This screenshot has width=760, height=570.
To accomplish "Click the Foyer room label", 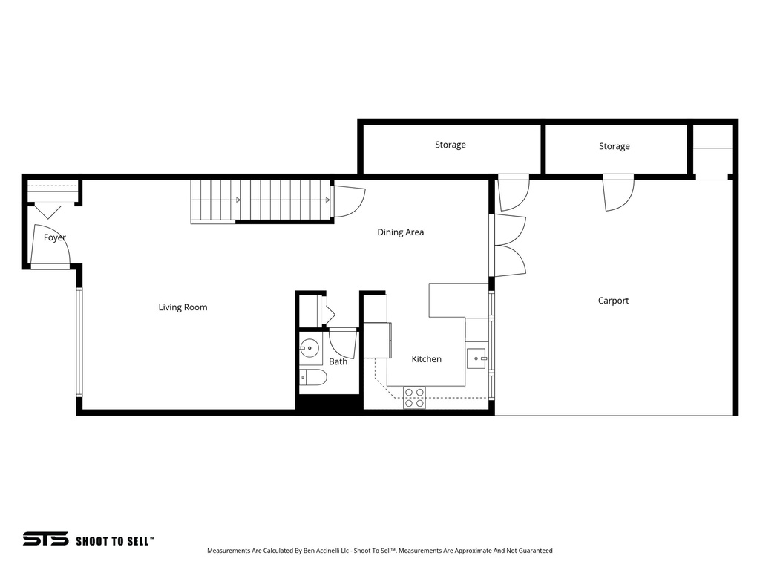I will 54,237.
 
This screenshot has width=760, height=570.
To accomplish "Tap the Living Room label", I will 183,307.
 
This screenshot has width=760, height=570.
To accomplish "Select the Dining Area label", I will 400,232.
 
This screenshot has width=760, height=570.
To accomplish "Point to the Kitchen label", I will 426,359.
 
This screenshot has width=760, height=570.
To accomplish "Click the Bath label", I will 338,362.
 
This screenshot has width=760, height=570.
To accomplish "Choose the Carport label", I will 613,301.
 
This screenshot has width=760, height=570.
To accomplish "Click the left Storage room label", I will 450,145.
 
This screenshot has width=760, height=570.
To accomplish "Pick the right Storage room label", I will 614,147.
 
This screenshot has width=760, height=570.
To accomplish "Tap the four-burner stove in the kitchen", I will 414,398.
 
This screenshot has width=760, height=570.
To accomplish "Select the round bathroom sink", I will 309,347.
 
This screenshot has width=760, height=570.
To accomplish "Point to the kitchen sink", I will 476,358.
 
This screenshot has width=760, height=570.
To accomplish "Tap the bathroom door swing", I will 343,343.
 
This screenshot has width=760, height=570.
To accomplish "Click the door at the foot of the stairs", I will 347,200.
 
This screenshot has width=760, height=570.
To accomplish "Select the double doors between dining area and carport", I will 508,246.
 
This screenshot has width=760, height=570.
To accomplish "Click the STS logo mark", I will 45,539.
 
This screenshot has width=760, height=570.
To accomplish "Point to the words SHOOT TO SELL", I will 114,541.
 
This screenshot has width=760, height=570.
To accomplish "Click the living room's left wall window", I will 79,341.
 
